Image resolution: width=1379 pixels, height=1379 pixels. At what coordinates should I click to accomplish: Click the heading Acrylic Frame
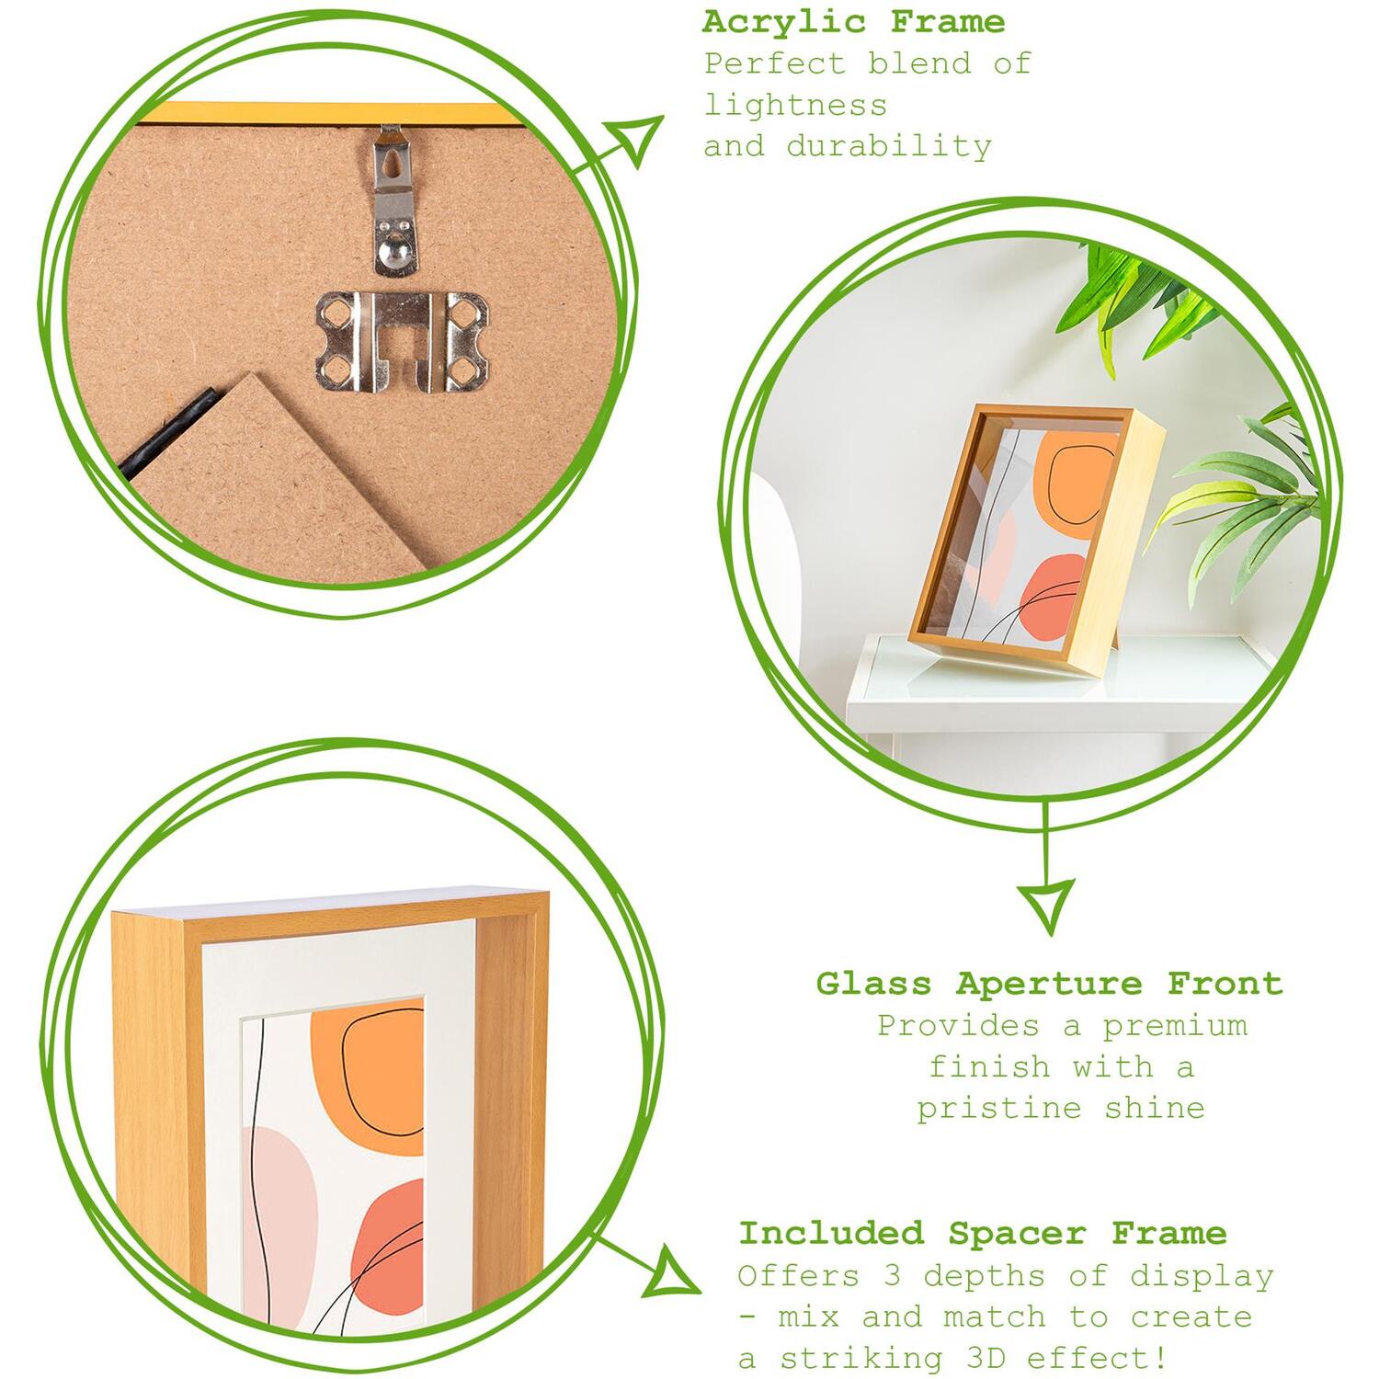tap(854, 22)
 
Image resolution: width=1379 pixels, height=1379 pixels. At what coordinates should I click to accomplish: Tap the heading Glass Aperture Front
tap(1049, 984)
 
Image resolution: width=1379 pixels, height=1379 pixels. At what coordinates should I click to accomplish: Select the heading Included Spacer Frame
tap(983, 1233)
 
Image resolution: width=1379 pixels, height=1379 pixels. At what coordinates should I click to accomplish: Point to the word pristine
tap(998, 1109)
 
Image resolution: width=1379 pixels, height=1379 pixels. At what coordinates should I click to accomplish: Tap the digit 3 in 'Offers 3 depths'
tap(893, 1276)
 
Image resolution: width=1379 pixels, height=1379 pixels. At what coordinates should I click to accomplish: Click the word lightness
tap(796, 106)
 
